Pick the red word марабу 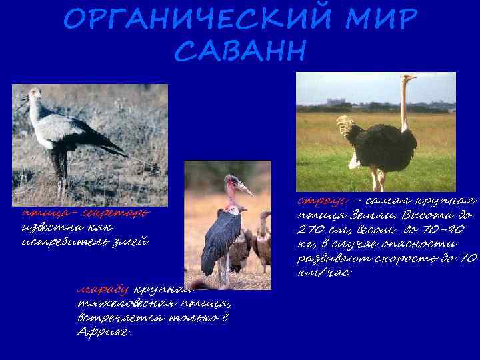point(104,290)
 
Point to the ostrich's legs point(377,179)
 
